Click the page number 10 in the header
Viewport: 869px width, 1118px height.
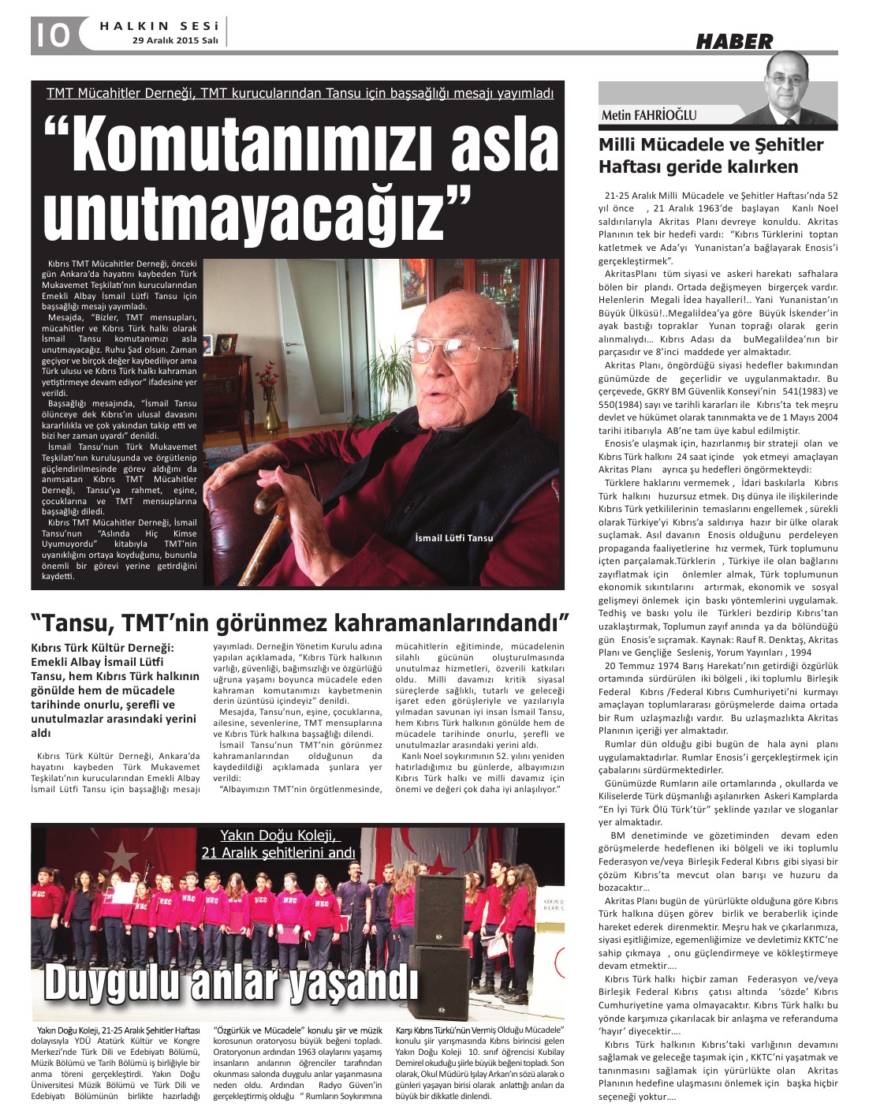point(51,35)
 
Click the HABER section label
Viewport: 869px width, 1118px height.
point(733,42)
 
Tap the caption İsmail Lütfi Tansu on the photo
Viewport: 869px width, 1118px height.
point(454,537)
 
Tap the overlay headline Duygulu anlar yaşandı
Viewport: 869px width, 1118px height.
point(230,983)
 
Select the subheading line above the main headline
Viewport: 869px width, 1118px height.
point(300,93)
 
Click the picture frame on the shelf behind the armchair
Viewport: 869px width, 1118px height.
point(226,343)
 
